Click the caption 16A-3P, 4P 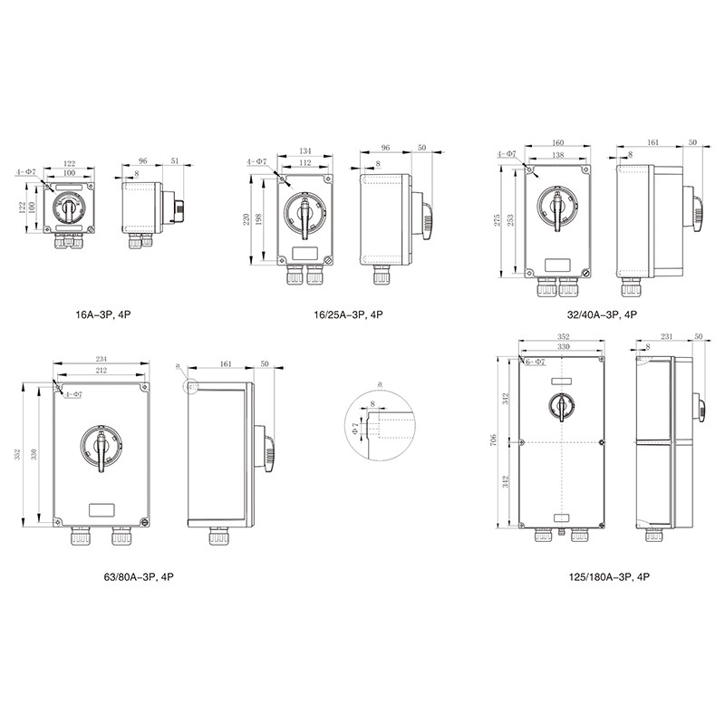click(103, 314)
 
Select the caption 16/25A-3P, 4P click(349, 314)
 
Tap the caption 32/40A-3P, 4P click(602, 314)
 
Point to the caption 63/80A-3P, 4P click(139, 577)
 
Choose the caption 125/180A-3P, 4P click(609, 577)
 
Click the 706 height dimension click(493, 440)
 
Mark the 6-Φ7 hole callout click(536, 362)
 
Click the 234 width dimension click(101, 359)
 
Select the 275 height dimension click(497, 219)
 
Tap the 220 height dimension click(246, 218)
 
